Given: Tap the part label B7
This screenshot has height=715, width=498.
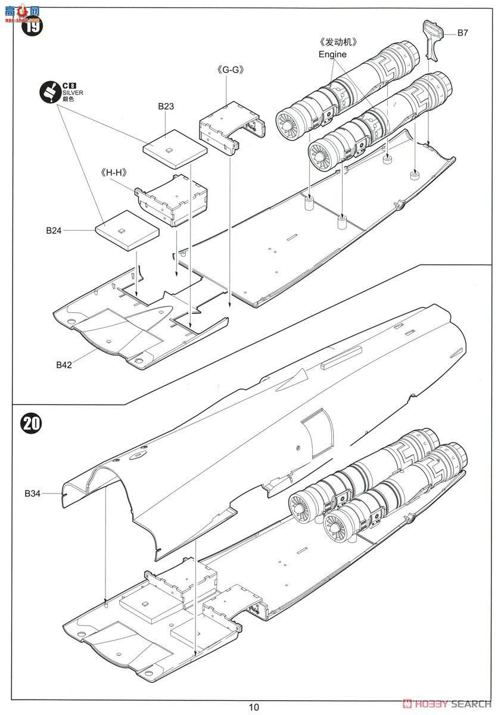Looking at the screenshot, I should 462,33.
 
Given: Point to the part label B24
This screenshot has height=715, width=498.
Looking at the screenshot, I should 55,229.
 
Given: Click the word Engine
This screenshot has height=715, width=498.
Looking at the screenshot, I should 332,54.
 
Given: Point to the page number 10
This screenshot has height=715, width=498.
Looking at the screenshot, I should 254,707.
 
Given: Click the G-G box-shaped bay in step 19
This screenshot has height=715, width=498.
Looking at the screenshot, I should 228,128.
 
